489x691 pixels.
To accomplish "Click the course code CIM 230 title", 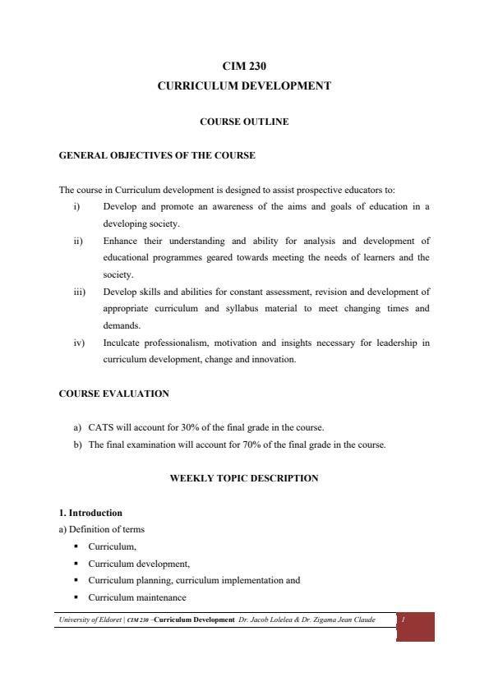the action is coord(244,67).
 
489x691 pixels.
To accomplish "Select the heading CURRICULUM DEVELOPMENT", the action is coord(244,85).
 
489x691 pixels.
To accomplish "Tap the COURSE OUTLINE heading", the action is coord(244,122).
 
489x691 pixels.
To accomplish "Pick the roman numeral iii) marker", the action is coord(77,292).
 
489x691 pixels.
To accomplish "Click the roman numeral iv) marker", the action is coord(77,343).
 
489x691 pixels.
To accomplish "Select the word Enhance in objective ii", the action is coord(120,241).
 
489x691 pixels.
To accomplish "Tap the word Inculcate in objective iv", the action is coord(122,343).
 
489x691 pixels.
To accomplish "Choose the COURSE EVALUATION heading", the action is coord(114,394).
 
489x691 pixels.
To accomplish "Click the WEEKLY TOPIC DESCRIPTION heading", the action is coord(244,478).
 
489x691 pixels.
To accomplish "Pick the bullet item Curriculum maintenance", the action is coord(137,597).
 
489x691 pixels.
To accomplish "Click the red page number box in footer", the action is coord(415,626).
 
